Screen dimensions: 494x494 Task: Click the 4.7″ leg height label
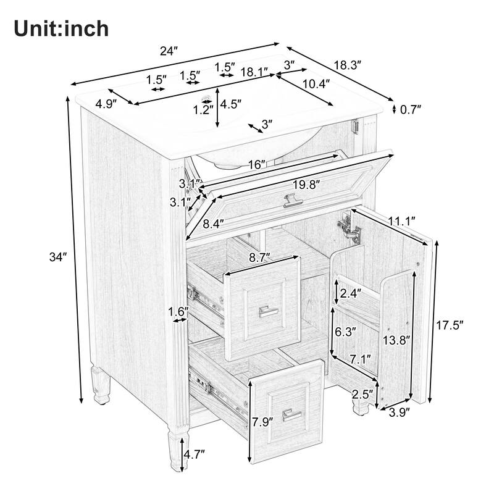[x=194, y=455]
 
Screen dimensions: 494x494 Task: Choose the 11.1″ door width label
[x=403, y=220]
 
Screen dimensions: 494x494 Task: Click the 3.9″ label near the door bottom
[x=400, y=414]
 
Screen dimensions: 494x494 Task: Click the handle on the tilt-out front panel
[x=291, y=200]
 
